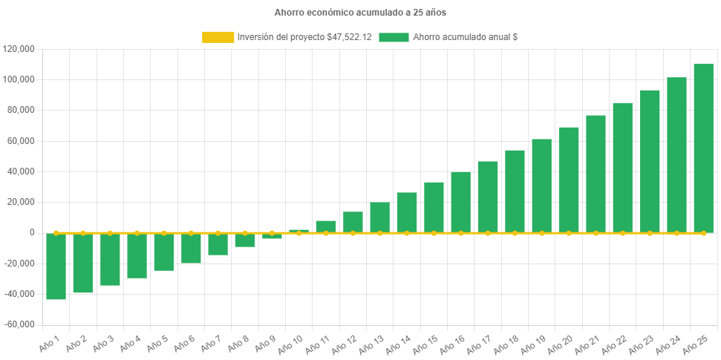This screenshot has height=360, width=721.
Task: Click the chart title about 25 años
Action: click(360, 13)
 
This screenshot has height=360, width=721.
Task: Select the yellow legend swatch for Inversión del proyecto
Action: click(217, 37)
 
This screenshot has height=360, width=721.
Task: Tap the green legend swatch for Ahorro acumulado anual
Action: click(394, 37)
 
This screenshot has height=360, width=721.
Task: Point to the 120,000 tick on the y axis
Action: click(19, 49)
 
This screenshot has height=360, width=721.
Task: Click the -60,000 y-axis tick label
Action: click(19, 324)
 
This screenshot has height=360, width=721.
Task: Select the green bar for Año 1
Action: click(56, 266)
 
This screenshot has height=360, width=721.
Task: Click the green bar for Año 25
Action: click(703, 148)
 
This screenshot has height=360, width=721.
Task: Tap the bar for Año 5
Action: click(164, 252)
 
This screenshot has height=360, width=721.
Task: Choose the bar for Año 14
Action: click(407, 212)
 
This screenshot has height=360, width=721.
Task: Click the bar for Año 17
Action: click(488, 197)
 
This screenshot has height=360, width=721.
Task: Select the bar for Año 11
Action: click(326, 226)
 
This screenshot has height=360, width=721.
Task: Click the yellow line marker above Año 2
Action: click(82, 233)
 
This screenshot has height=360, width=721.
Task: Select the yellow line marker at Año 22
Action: click(622, 233)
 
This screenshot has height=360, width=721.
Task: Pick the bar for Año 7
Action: click(218, 244)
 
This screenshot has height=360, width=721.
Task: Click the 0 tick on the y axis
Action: click(32, 232)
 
